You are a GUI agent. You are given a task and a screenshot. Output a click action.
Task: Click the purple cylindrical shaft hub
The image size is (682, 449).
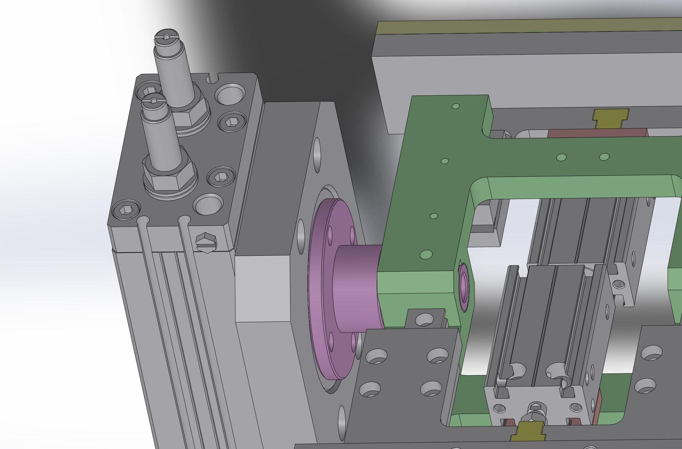(x=356, y=287)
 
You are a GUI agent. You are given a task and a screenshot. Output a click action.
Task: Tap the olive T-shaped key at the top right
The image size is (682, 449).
(x=610, y=117)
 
